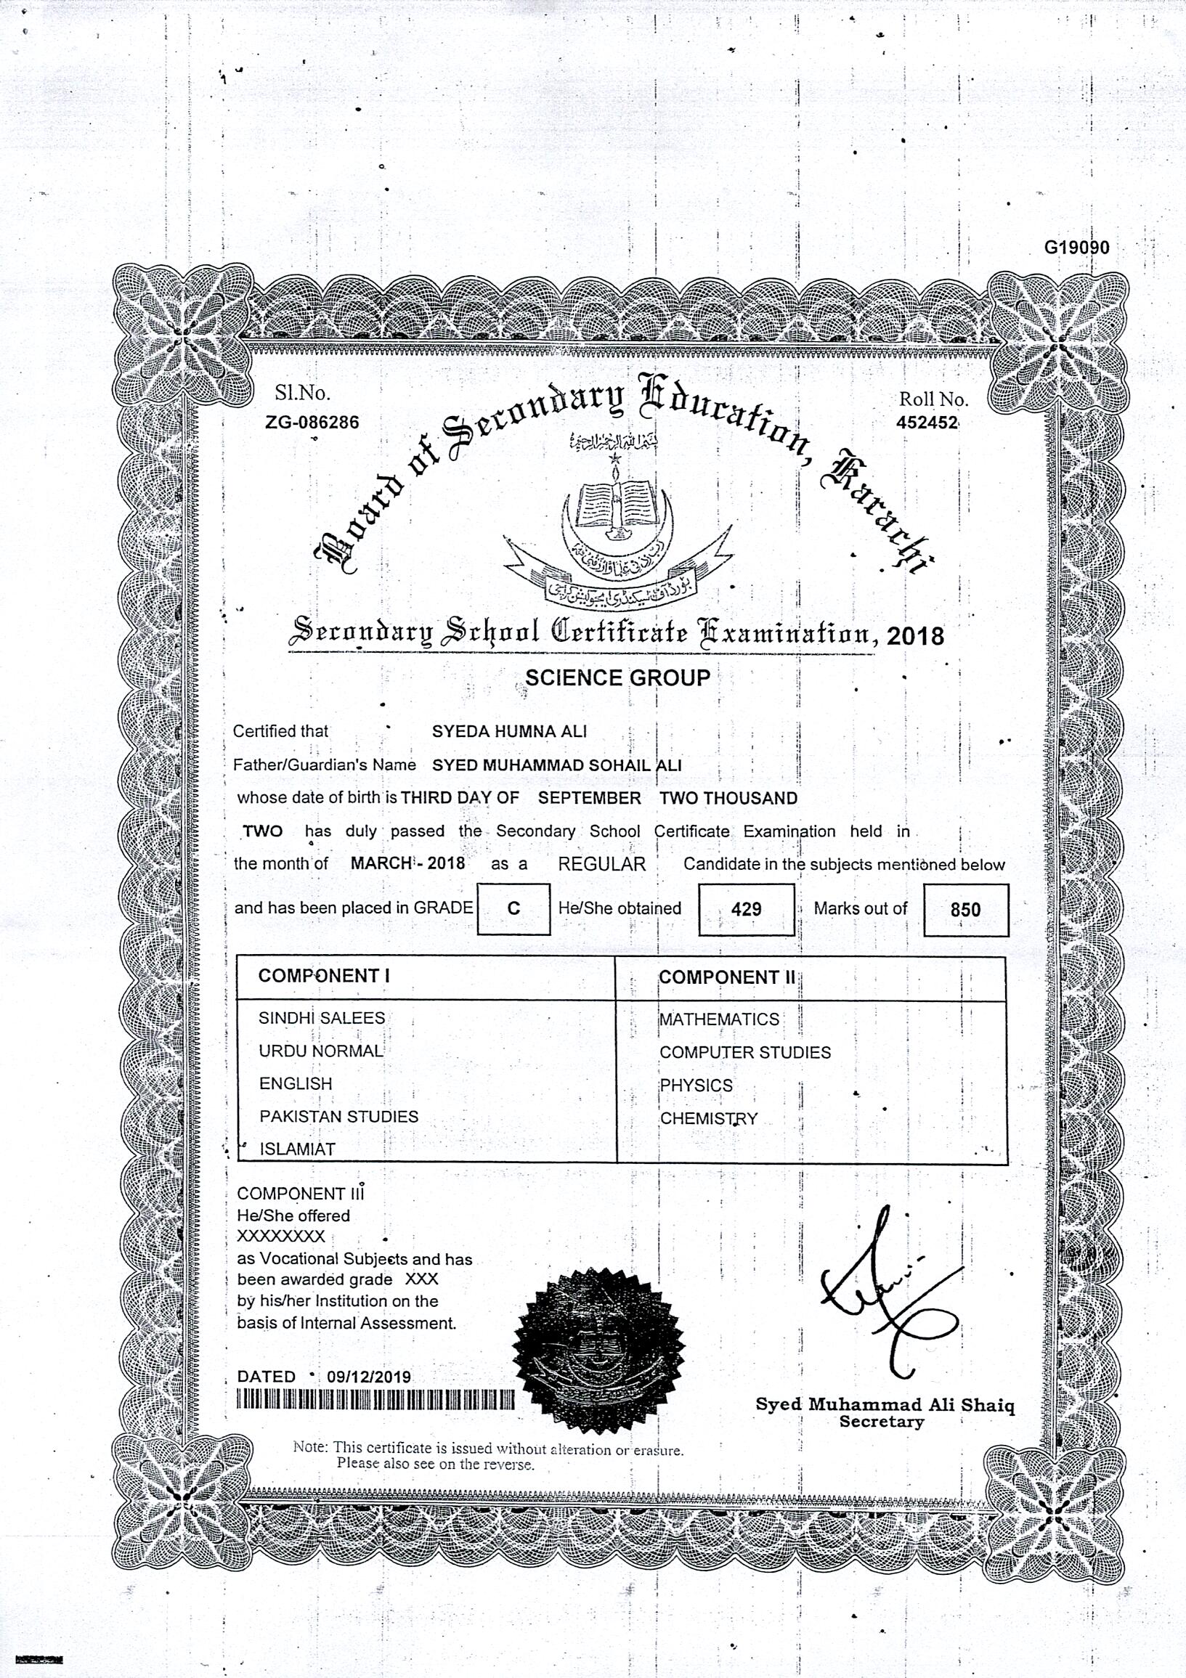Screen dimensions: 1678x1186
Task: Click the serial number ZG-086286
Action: click(x=312, y=423)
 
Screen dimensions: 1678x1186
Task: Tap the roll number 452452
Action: click(x=927, y=423)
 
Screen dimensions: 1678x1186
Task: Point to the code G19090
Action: click(x=1076, y=248)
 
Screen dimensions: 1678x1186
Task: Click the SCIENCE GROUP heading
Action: click(x=617, y=677)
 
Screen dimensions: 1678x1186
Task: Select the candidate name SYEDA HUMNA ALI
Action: click(x=509, y=731)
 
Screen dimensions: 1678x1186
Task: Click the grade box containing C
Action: click(x=513, y=908)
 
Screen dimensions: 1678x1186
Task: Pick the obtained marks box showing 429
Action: click(x=746, y=909)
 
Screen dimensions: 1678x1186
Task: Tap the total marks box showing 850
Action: click(x=965, y=910)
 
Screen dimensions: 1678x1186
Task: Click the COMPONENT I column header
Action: click(x=319, y=976)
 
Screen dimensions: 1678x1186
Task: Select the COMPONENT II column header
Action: click(x=727, y=977)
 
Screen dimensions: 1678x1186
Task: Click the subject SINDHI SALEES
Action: click(x=322, y=1018)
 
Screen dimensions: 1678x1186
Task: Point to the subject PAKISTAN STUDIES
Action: click(x=338, y=1116)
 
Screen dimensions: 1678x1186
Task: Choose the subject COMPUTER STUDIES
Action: click(x=745, y=1052)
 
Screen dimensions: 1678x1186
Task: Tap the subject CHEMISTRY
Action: click(x=709, y=1118)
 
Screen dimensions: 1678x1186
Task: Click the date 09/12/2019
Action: click(x=368, y=1377)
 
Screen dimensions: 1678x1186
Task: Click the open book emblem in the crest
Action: click(x=616, y=505)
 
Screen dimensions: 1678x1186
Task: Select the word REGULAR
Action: click(x=602, y=864)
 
